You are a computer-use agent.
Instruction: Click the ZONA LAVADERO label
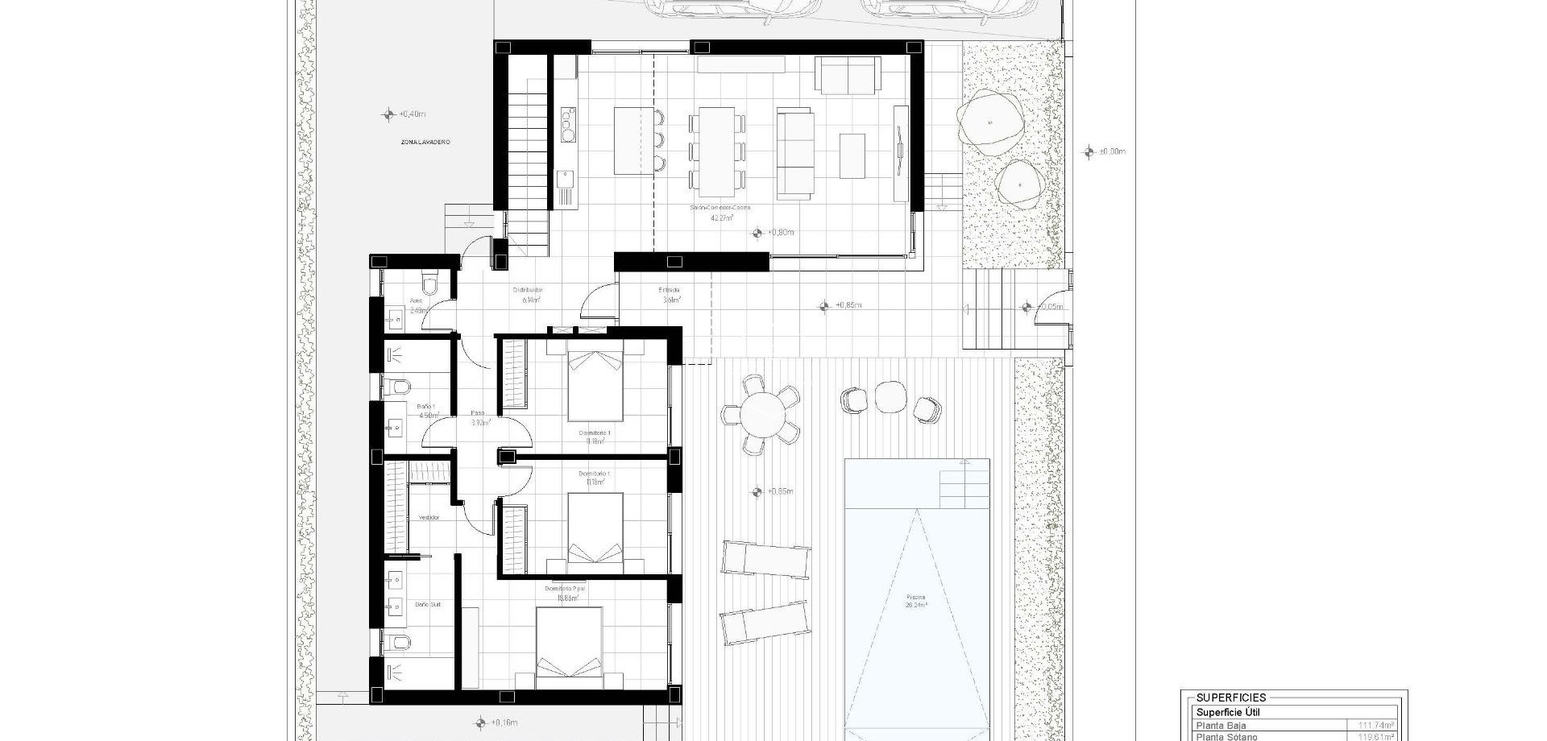coord(425,143)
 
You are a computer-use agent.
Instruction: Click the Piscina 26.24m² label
coord(916,601)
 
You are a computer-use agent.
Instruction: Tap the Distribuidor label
coord(528,294)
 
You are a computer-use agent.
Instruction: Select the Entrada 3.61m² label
coord(670,295)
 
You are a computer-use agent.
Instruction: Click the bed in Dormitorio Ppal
coord(569,648)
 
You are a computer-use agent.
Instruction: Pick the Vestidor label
coord(429,518)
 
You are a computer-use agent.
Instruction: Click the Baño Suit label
coord(428,604)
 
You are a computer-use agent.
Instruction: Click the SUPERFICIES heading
coord(1230,698)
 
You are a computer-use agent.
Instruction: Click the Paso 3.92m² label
coord(479,417)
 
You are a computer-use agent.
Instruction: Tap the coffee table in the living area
coord(852,155)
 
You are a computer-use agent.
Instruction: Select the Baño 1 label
coord(426,411)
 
